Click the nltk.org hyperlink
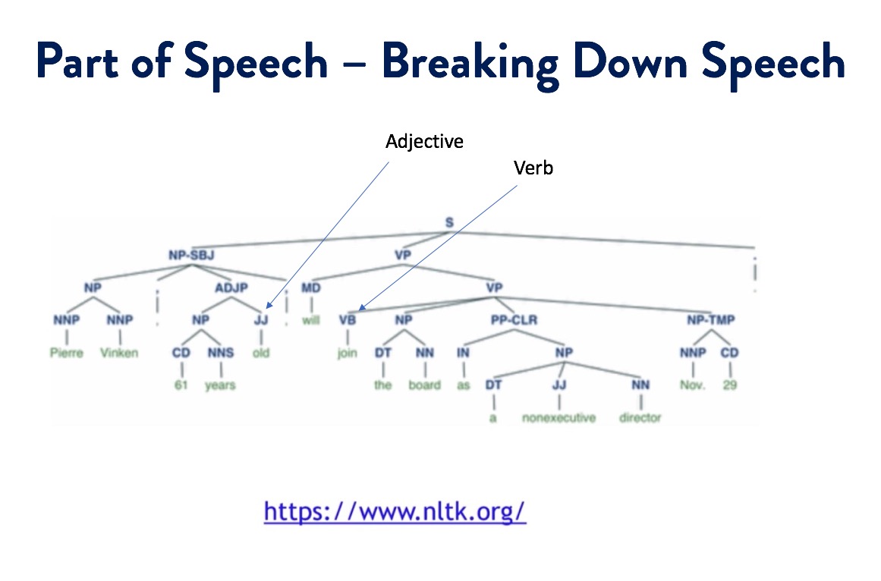pyautogui.click(x=395, y=510)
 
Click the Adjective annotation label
pyautogui.click(x=424, y=142)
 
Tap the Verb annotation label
pyautogui.click(x=533, y=168)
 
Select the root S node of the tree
pyautogui.click(x=448, y=223)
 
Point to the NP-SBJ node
pyautogui.click(x=191, y=255)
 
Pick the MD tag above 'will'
pyautogui.click(x=310, y=287)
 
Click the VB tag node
pyautogui.click(x=348, y=320)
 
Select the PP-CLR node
pyautogui.click(x=514, y=320)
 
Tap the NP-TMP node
pyautogui.click(x=711, y=320)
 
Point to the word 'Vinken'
pyautogui.click(x=119, y=353)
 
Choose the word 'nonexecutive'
pyautogui.click(x=559, y=418)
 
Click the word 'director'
pyautogui.click(x=640, y=418)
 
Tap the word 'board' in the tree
pyautogui.click(x=424, y=385)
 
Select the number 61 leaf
pyautogui.click(x=181, y=385)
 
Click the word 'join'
pyautogui.click(x=347, y=353)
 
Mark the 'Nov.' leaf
pyautogui.click(x=692, y=385)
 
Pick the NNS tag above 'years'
pyautogui.click(x=221, y=353)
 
